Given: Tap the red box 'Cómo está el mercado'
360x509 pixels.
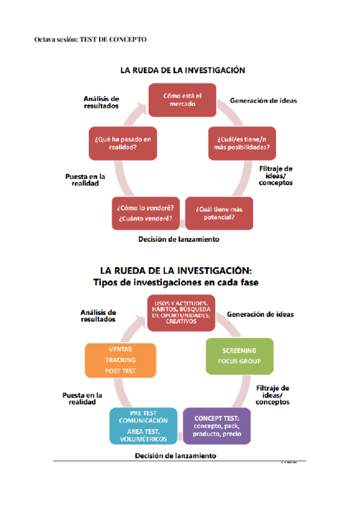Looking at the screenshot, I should click(183, 99).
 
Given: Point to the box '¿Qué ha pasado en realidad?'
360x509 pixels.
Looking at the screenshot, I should click(122, 143).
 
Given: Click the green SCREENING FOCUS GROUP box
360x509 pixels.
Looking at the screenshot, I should click(239, 355).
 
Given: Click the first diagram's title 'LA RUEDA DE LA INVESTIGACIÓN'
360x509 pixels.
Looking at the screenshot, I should click(182, 70).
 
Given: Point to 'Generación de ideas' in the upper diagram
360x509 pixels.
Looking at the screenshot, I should click(263, 101).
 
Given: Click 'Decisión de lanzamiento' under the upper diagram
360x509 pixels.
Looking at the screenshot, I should click(178, 239).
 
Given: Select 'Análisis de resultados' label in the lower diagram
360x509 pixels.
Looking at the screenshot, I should click(98, 316).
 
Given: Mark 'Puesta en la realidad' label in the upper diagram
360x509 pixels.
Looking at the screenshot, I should click(85, 180).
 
